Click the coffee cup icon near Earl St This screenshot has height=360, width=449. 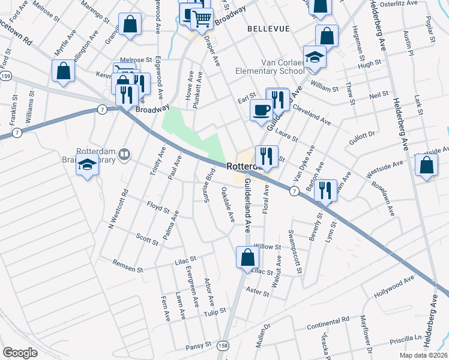click(261, 110)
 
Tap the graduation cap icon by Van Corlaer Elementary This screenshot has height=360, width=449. click(314, 57)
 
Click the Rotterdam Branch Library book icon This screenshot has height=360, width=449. click(124, 155)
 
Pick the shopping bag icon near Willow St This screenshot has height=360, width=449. click(247, 258)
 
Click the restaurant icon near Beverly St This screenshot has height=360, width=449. click(325, 191)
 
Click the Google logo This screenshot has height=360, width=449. click(20, 352)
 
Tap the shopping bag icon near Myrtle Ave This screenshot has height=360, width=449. click(64, 71)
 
